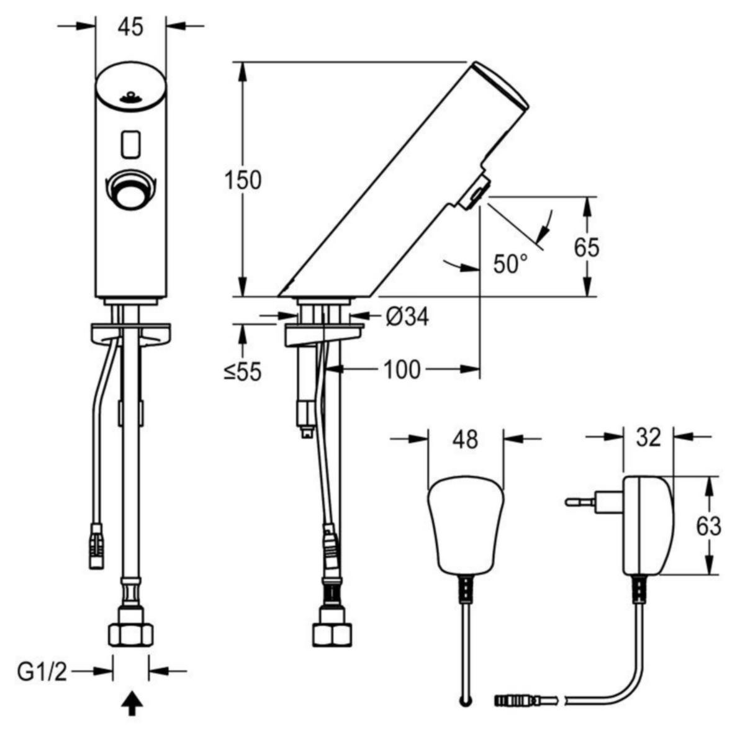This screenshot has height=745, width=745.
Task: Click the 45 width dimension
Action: click(130, 27)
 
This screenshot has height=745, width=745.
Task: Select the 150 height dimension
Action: click(243, 180)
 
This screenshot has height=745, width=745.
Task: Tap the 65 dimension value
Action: click(587, 247)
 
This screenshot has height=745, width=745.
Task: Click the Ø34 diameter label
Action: click(407, 317)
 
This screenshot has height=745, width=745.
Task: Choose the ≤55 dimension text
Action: click(243, 372)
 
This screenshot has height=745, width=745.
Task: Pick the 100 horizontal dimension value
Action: click(402, 369)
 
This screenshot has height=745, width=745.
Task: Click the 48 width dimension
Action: click(466, 440)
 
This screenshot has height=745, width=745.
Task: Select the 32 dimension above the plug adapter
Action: click(648, 438)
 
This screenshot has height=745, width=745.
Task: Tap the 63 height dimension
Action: click(708, 526)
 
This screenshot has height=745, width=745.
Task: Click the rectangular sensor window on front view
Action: click(130, 144)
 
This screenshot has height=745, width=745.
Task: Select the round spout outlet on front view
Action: click(130, 189)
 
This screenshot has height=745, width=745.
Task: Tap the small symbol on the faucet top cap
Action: click(130, 97)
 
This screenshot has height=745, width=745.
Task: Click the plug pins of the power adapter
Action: click(580, 502)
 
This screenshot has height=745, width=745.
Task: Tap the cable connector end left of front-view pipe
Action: click(96, 546)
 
